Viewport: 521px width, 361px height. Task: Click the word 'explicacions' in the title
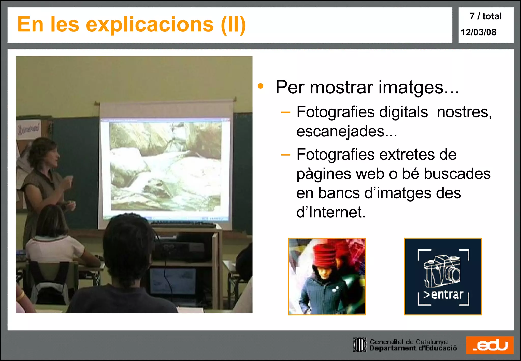[x=150, y=25]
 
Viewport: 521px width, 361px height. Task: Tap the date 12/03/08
[x=478, y=32]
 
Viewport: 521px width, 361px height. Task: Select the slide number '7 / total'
[x=485, y=16]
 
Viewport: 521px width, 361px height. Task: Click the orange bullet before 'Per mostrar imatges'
[x=260, y=86]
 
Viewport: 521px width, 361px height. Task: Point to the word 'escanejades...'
[x=346, y=131]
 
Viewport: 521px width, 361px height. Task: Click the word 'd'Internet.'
[x=331, y=212]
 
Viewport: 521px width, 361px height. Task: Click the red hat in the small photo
[x=325, y=255]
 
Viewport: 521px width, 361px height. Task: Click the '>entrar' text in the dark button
[x=443, y=295]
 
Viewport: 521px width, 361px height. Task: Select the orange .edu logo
[x=490, y=345]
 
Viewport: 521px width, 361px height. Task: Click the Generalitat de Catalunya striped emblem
[x=359, y=345]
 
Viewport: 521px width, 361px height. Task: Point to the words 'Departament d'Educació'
[x=413, y=348]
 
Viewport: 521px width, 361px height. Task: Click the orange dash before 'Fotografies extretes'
[x=285, y=155]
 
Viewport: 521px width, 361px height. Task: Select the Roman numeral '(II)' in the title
[x=233, y=25]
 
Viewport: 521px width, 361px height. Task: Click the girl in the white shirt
[x=55, y=244]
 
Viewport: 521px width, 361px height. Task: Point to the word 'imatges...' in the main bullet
[x=418, y=88]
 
